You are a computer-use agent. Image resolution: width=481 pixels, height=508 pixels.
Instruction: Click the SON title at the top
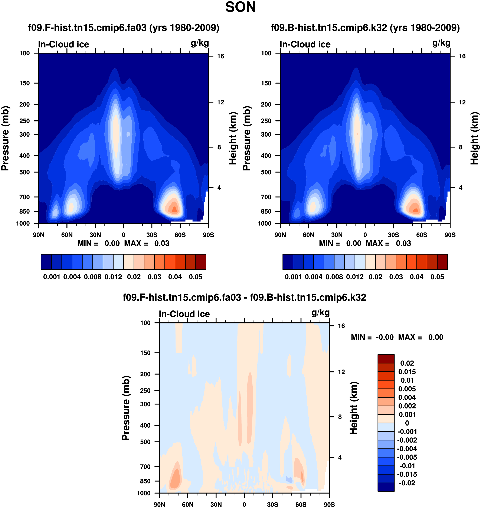pyautogui.click(x=240, y=7)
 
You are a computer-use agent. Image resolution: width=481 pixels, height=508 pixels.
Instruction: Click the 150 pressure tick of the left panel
pyautogui.click(x=25, y=83)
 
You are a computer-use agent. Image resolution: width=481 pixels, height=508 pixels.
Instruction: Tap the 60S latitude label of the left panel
pyautogui.click(x=180, y=235)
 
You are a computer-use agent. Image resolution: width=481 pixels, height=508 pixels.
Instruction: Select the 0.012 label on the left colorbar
pyautogui.click(x=113, y=277)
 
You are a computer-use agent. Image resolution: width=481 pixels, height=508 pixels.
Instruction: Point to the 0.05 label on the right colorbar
pyautogui.click(x=437, y=277)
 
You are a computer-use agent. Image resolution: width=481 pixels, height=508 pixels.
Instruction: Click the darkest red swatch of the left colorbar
pyautogui.click(x=201, y=262)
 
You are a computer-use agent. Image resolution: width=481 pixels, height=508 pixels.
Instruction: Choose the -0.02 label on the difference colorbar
pyautogui.click(x=407, y=483)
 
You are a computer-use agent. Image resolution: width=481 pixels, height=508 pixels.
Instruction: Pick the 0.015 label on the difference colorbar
pyautogui.click(x=407, y=372)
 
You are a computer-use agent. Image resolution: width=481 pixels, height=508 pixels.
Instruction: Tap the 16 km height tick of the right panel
pyautogui.click(x=462, y=56)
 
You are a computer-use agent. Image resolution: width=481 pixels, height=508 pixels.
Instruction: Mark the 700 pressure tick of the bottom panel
pyautogui.click(x=145, y=467)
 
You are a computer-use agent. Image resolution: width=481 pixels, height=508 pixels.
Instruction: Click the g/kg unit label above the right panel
pyautogui.click(x=441, y=43)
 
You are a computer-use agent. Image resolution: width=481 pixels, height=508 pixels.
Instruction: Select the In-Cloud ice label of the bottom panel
pyautogui.click(x=184, y=314)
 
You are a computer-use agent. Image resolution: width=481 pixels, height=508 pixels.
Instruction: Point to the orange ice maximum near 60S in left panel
pyautogui.click(x=174, y=209)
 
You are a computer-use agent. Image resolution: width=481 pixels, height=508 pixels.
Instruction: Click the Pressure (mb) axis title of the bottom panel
pyautogui.click(x=126, y=408)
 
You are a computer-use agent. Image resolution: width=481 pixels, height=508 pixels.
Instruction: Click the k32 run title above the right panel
pyautogui.click(x=365, y=28)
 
